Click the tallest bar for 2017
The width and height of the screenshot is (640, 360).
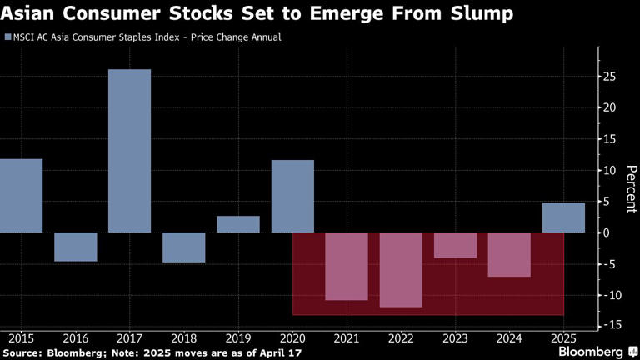coord(129,150)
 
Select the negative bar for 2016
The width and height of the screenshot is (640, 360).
coord(76,247)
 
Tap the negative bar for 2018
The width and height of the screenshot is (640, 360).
coord(183,247)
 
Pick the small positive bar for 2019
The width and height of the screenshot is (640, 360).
coord(238,224)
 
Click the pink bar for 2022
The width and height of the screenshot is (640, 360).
coord(401,270)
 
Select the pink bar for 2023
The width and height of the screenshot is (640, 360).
coord(455,246)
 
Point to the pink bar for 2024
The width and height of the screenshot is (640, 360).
coord(509,254)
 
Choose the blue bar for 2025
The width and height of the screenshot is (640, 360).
coord(563,217)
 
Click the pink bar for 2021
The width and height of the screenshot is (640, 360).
coord(347,266)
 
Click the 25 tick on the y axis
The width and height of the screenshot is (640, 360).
coord(610,77)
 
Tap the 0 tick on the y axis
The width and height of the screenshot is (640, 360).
coord(607,232)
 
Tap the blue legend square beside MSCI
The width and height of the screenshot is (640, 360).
coord(7,37)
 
